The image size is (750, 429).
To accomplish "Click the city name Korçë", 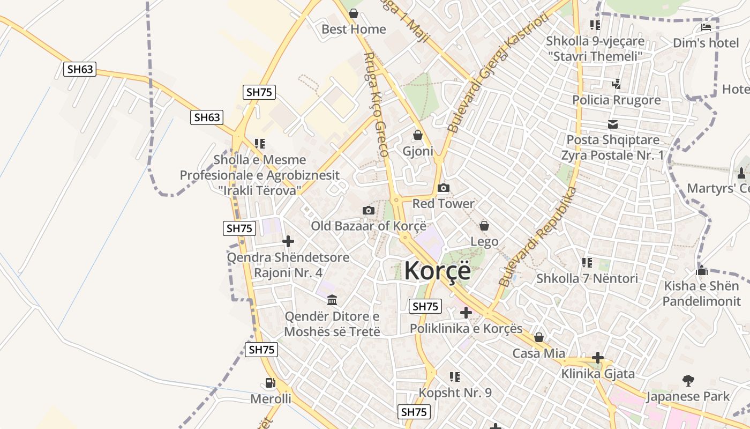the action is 437,270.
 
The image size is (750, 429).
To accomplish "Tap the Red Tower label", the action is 443,204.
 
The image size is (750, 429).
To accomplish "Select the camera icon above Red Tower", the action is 443,188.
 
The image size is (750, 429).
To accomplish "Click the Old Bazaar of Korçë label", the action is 369,226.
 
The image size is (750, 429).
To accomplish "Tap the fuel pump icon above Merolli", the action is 271,383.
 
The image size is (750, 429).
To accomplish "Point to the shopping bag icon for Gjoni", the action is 417,135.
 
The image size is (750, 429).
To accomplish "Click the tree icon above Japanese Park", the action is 688,381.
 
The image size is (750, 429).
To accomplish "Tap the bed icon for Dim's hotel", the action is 706,27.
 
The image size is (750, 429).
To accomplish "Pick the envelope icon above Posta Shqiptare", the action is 613,124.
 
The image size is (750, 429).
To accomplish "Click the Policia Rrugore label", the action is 616,100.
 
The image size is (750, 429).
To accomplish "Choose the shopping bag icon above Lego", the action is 484,226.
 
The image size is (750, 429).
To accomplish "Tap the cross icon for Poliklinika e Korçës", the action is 466,312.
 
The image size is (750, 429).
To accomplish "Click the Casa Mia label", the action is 538,353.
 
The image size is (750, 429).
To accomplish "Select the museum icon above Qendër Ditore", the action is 332,299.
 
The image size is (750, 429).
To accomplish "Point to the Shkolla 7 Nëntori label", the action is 587,278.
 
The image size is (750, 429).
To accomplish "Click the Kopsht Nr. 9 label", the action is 455,393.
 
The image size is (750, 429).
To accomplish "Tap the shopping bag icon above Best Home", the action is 354,13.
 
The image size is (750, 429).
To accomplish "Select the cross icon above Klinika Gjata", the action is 598,358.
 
